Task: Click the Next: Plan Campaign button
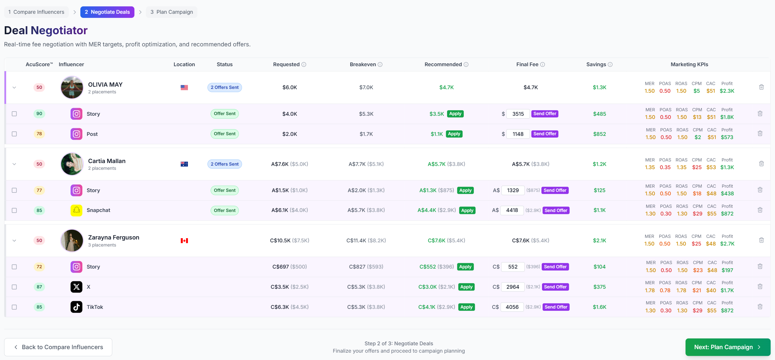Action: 727,347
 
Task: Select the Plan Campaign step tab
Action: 172,12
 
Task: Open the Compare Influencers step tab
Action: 36,12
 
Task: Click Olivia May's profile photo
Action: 72,87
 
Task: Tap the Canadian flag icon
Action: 184,240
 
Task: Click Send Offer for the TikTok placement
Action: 556,307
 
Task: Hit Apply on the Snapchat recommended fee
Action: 467,210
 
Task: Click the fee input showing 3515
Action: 518,114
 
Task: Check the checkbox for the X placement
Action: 14,287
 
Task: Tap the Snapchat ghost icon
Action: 76,210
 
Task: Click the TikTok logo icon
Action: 76,307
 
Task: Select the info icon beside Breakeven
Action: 380,65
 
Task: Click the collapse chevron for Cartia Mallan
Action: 14,164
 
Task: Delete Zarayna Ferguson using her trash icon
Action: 761,240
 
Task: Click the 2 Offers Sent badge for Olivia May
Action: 224,87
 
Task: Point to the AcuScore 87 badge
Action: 39,287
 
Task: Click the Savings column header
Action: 596,64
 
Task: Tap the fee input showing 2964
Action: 512,287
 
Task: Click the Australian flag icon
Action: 184,164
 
